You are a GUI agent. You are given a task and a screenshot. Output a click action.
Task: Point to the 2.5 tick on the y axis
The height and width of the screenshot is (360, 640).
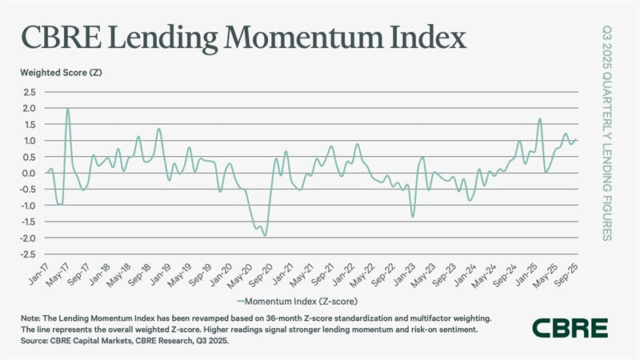click(x=29, y=92)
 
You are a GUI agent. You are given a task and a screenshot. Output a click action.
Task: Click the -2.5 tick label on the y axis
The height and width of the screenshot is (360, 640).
click(x=27, y=254)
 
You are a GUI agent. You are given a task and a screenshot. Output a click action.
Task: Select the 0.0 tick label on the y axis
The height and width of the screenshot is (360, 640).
click(x=29, y=173)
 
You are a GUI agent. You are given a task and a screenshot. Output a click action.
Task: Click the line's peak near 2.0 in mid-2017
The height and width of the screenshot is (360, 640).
click(x=68, y=109)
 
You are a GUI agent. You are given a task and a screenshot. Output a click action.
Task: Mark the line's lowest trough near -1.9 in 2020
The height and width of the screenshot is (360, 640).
click(x=265, y=235)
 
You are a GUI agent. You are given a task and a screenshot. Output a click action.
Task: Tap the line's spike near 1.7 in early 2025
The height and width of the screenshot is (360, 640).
click(x=541, y=118)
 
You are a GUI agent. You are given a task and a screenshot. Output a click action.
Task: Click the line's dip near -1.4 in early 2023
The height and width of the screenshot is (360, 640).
click(x=413, y=217)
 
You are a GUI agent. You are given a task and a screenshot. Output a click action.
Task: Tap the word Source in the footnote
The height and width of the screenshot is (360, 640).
click(x=36, y=340)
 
